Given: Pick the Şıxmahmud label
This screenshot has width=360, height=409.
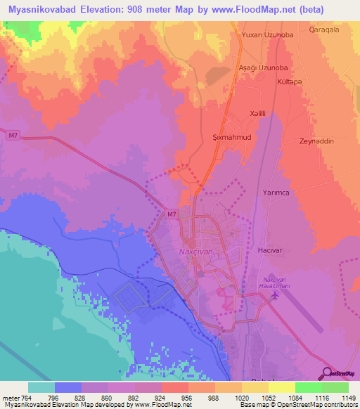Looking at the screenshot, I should [231, 138].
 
